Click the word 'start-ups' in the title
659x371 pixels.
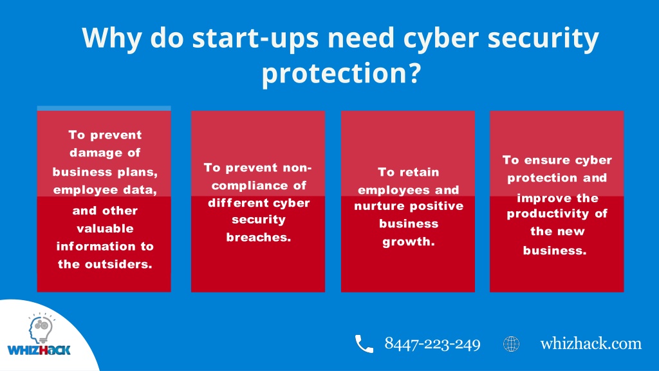[255, 38]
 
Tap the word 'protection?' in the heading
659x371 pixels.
[341, 73]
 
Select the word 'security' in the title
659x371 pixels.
[543, 38]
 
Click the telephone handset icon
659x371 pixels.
[364, 344]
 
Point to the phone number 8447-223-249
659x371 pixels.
[432, 344]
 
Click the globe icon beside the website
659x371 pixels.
[511, 344]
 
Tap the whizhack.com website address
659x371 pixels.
[591, 343]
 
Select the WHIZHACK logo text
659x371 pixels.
[39, 350]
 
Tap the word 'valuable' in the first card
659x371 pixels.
[105, 229]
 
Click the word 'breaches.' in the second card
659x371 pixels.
[259, 237]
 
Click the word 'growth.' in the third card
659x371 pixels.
[409, 242]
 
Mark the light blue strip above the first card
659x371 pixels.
[104, 108]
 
